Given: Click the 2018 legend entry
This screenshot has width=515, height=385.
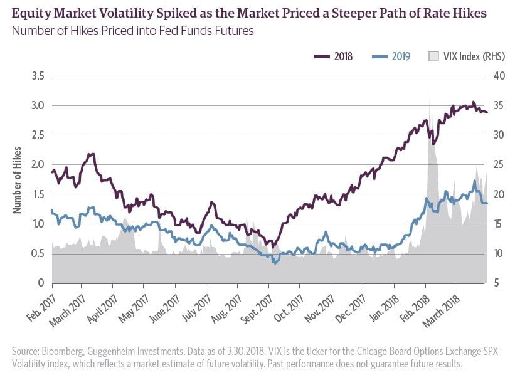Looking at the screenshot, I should pos(333,56).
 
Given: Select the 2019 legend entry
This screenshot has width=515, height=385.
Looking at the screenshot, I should pos(391,56).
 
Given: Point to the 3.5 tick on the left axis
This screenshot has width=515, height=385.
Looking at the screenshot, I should pos(39,76).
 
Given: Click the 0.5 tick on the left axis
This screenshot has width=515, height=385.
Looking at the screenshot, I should pos(39,253).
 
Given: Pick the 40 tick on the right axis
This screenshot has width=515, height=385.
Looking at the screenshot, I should pos(497,76).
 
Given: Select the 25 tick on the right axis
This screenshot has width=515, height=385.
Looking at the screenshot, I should pos(497,165).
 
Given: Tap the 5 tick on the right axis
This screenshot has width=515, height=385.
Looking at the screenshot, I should pos(497,283).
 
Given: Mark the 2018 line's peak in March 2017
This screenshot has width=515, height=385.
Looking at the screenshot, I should pos(92,154).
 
